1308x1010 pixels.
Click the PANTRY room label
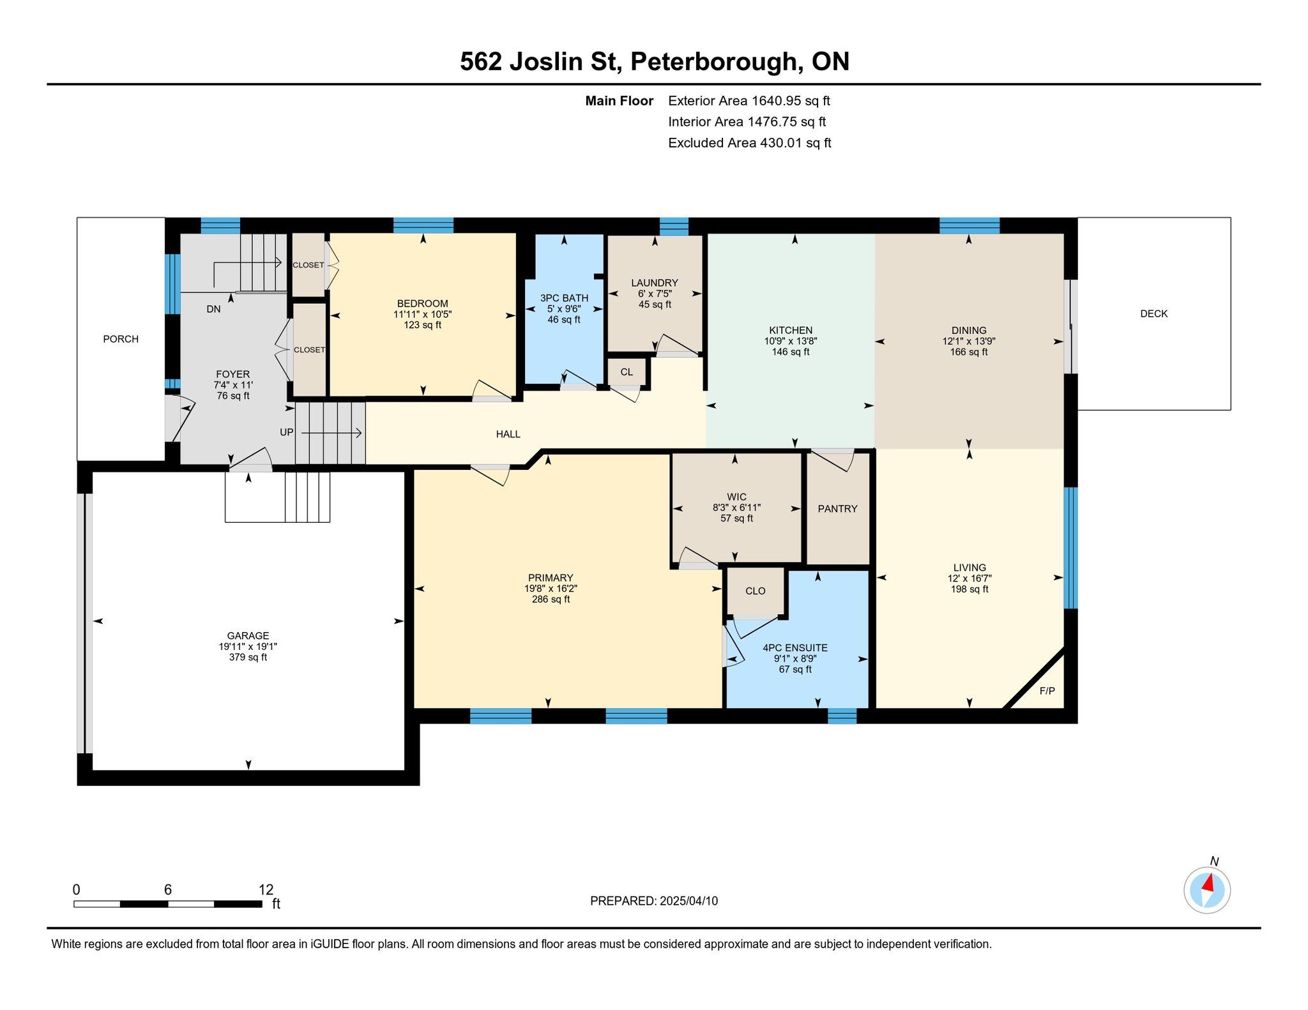click(837, 509)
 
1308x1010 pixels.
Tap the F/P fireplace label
click(1047, 691)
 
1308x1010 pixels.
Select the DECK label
click(1153, 313)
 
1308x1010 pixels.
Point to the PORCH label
click(121, 339)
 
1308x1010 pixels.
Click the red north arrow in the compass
click(1208, 883)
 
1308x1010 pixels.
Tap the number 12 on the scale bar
click(266, 889)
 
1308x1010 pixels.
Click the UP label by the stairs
click(287, 432)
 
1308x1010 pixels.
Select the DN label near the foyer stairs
click(213, 309)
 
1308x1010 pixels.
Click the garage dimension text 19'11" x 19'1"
click(248, 646)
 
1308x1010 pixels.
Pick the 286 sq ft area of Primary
click(551, 599)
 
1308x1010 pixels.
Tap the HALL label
click(508, 434)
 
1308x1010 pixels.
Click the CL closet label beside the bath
click(627, 372)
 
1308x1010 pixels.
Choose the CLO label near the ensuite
click(755, 591)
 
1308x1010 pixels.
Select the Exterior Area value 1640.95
click(776, 101)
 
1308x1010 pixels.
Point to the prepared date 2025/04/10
click(688, 901)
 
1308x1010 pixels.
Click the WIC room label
click(736, 497)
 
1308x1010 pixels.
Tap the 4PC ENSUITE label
click(795, 647)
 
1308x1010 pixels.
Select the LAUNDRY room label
click(654, 283)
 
